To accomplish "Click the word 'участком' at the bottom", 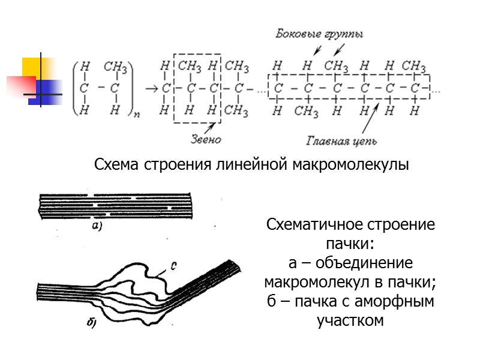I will tap(350, 320).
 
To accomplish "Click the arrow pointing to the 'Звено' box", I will tap(209, 128).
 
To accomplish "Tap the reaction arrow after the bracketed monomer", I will tap(151, 89).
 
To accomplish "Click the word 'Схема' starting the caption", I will tap(117, 164).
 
